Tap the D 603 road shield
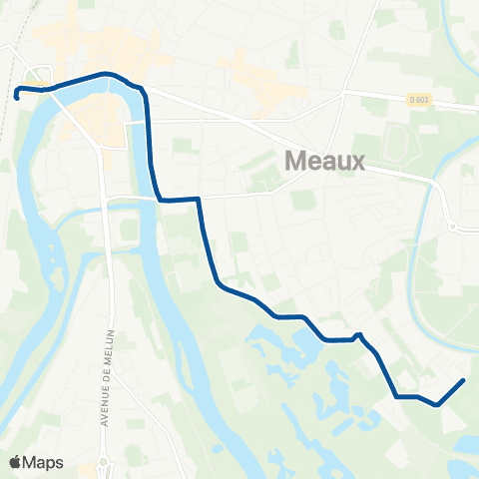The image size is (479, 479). click(419, 98)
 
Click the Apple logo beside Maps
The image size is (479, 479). click(15, 462)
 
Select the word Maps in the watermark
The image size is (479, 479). click(44, 462)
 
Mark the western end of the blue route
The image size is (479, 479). click(17, 97)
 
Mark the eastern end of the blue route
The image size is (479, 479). click(463, 380)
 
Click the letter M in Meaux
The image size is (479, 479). click(296, 160)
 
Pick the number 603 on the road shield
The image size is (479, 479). click(422, 98)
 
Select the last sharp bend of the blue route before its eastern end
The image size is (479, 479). click(436, 404)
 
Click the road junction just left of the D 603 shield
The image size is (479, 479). click(344, 94)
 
